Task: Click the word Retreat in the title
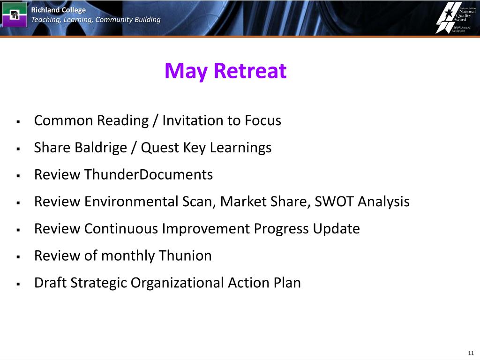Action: [x=250, y=71]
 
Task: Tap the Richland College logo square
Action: [x=15, y=15]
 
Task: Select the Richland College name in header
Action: [x=59, y=10]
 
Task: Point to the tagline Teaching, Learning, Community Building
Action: [x=96, y=20]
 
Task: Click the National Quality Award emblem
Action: [x=456, y=17]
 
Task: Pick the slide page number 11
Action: [x=471, y=353]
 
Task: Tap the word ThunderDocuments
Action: [x=149, y=174]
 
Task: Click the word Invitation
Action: [x=192, y=120]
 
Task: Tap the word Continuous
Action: [x=121, y=228]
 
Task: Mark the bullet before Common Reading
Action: [x=18, y=122]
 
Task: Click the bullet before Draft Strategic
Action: [x=18, y=284]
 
